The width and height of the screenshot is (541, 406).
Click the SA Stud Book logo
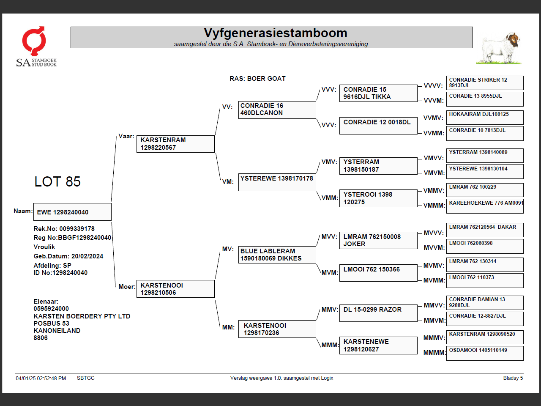click(36, 47)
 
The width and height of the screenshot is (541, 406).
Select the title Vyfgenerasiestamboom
click(275, 33)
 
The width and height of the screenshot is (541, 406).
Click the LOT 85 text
click(57, 182)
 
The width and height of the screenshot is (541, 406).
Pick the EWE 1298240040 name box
click(72, 212)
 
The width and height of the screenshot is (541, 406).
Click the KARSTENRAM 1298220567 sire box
click(175, 144)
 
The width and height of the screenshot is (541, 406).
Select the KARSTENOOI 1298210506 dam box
click(175, 289)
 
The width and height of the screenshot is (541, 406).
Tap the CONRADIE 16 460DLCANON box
click(277, 110)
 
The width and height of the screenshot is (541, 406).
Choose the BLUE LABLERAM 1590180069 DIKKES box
click(277, 255)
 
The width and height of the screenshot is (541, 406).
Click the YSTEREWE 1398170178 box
click(277, 182)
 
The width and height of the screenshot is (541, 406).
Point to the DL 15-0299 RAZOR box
click(378, 313)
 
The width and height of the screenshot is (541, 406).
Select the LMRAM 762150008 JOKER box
click(378, 240)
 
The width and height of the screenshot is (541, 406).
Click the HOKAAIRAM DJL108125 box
click(485, 117)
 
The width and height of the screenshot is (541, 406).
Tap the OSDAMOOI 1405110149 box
click(485, 353)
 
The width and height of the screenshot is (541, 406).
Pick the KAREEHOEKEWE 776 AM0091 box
click(485, 206)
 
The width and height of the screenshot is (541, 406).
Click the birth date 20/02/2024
click(87, 256)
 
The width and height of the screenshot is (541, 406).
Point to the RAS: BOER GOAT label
click(257, 79)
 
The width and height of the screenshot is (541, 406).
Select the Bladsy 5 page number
click(513, 378)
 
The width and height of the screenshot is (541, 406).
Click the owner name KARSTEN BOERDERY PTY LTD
click(82, 316)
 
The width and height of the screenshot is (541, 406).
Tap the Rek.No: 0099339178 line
click(64, 229)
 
